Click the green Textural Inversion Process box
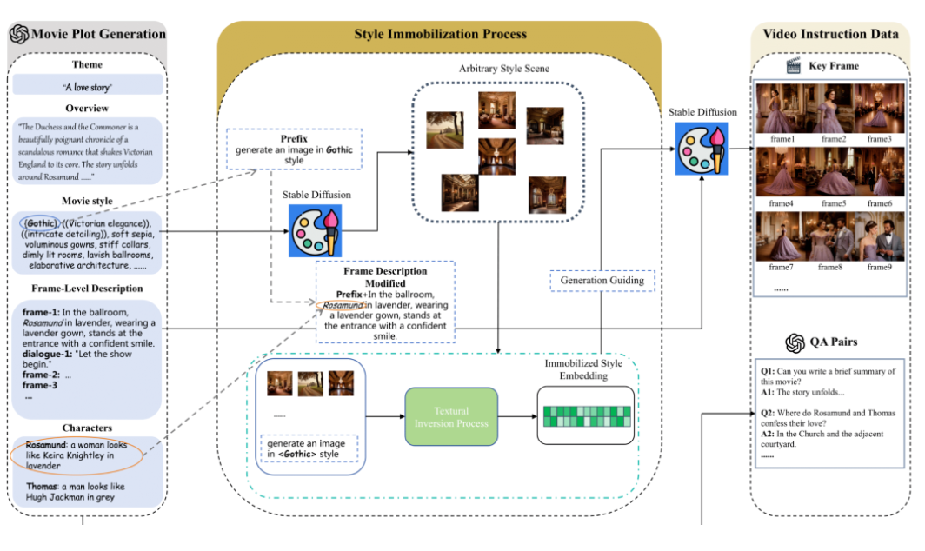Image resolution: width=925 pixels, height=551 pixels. click(451, 417)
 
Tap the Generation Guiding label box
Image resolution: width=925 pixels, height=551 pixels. click(602, 282)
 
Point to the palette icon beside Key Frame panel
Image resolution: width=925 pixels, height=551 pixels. click(704, 149)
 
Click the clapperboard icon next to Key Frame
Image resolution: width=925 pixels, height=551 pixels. click(792, 65)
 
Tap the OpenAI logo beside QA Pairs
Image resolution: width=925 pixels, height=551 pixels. click(793, 343)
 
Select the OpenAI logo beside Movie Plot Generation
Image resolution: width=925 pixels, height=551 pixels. click(19, 35)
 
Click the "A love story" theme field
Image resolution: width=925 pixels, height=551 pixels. click(87, 86)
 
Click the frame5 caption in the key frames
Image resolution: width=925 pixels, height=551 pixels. click(832, 203)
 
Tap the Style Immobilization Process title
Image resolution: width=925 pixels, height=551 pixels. click(440, 35)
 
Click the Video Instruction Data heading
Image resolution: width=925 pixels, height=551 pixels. click(830, 35)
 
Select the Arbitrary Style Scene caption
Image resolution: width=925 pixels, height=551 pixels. click(504, 68)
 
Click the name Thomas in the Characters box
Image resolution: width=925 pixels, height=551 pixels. click(41, 488)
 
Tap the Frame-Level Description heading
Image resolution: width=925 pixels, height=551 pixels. click(87, 289)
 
